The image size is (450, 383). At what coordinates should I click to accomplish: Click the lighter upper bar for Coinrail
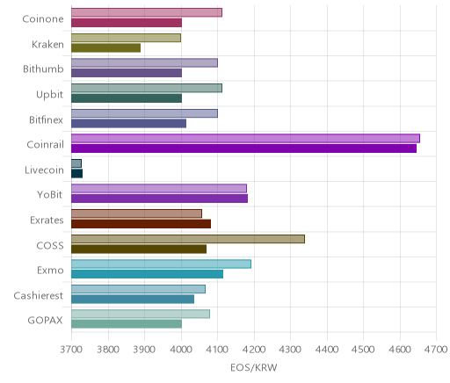coord(245,139)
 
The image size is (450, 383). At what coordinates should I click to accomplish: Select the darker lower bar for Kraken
coord(105,48)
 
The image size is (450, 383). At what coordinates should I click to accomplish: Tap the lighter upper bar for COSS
coord(188,239)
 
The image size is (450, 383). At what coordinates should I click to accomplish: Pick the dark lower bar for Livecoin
coord(76,173)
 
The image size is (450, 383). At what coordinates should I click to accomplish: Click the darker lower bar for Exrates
coord(141,224)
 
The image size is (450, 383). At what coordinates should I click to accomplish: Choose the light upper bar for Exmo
coord(161,264)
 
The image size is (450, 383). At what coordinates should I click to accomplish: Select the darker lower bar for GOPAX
coord(127,324)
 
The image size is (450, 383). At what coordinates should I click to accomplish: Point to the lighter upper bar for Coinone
coord(147,12)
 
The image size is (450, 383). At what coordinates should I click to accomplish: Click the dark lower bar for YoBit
coord(159,199)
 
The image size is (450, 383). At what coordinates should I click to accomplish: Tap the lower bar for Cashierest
coord(133,300)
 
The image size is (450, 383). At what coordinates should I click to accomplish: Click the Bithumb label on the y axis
coord(43,69)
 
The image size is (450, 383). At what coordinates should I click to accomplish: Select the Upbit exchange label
coord(49,95)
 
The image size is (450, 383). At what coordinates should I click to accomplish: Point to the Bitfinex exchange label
coord(46,119)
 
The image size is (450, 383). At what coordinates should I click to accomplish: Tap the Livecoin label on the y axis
coord(44,170)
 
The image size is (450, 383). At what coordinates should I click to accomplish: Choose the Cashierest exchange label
coord(39,295)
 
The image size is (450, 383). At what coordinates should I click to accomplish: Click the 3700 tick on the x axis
coord(71,350)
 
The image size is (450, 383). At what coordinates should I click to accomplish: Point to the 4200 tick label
coord(254,350)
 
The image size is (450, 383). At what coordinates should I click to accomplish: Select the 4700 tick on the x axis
coord(436,350)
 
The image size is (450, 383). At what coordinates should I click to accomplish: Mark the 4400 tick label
coord(327,350)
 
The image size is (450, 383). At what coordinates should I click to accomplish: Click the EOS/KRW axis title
coord(254,367)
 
